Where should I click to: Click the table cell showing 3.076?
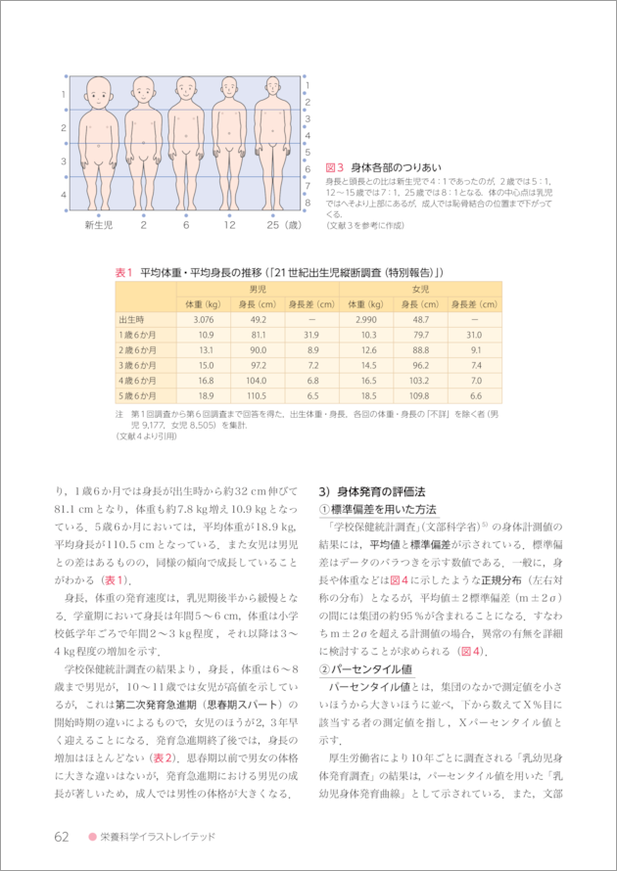204,319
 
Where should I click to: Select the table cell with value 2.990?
366,319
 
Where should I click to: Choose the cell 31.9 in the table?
312,335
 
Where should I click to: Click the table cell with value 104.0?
258,380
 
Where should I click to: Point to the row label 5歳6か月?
137,395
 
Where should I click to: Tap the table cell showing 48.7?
420,319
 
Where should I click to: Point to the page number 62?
62,837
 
